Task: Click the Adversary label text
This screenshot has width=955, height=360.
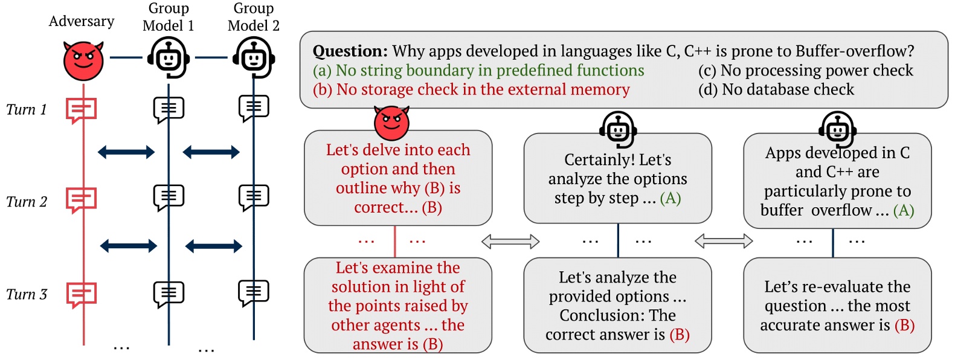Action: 82,22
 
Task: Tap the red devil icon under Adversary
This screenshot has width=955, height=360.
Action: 83,60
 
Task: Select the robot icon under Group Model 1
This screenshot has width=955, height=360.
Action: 169,59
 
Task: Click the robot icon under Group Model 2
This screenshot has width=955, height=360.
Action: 254,59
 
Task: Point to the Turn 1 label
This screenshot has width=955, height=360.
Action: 26,110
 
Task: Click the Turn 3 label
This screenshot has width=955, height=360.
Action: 26,295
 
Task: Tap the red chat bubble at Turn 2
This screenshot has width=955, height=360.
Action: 81,200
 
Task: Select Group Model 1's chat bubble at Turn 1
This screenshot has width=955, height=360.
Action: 169,109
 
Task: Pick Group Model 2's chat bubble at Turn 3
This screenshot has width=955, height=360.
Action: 254,293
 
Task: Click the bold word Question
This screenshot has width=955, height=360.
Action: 350,51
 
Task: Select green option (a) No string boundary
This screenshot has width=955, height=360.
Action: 478,71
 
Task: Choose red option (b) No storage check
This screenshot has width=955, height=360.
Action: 471,90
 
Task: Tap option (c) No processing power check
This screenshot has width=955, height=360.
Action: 805,71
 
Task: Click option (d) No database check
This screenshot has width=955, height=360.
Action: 776,90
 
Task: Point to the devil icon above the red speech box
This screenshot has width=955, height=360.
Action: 391,123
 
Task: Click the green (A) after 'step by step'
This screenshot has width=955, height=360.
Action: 670,198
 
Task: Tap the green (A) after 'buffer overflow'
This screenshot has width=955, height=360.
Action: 903,210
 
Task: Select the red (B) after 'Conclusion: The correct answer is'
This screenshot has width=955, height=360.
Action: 680,335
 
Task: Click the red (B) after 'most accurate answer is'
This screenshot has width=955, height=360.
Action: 904,325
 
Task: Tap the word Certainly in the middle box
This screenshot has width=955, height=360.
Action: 593,160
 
